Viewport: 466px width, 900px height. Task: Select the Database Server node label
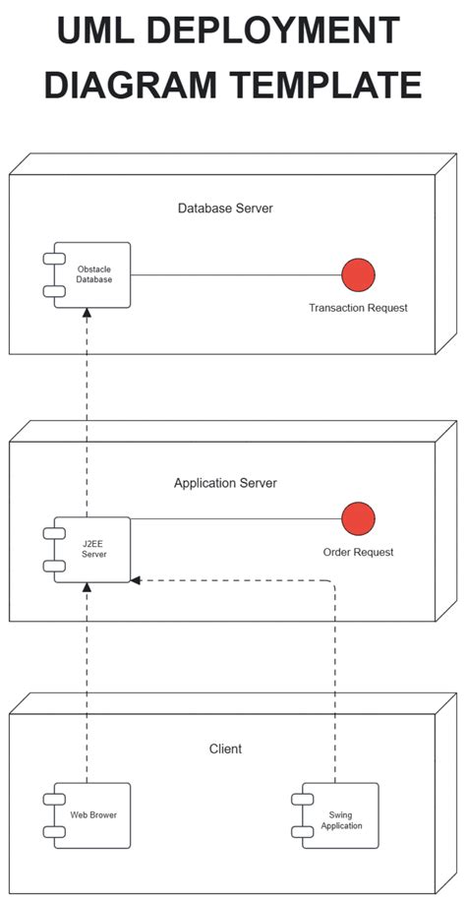(x=225, y=209)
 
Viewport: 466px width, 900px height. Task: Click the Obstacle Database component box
(x=92, y=274)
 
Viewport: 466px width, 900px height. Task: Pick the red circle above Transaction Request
(x=358, y=274)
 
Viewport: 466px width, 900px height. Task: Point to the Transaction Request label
(x=358, y=308)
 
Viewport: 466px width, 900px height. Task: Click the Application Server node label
(x=225, y=483)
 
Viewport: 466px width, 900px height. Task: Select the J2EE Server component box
(x=92, y=549)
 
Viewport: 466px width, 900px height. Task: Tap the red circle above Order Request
(x=358, y=518)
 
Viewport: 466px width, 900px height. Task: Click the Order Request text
(x=358, y=552)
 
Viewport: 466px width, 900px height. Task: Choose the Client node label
(x=225, y=749)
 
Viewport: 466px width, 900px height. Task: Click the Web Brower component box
(x=92, y=815)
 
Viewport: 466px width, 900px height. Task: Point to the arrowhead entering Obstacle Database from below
(x=87, y=314)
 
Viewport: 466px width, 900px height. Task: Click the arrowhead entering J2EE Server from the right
(x=137, y=580)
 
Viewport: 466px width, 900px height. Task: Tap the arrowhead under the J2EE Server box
(x=87, y=588)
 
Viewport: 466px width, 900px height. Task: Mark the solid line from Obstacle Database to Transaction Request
(x=236, y=274)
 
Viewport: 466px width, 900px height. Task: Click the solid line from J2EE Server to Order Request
(x=236, y=518)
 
